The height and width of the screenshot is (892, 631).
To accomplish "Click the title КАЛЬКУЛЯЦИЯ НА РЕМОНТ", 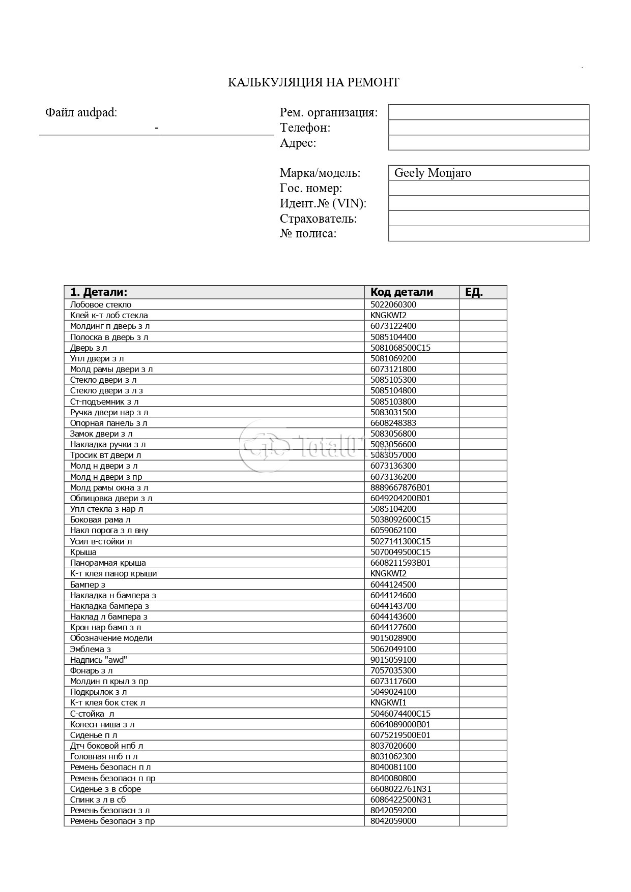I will tap(313, 82).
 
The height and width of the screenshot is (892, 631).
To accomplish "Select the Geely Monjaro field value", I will tap(433, 173).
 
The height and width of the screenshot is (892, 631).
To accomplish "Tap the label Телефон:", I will tap(305, 128).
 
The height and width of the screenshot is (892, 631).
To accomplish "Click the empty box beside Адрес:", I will tap(488, 143).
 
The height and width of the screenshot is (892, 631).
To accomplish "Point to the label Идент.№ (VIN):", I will tap(323, 203).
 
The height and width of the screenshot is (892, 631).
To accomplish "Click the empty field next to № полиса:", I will tap(488, 234).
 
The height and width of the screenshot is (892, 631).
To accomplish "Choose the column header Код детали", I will tap(401, 292).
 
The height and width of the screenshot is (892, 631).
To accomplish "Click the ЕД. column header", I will tap(474, 292).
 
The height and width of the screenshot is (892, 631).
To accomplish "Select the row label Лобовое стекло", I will tap(101, 305).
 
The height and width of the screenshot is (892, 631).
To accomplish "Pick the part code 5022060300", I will tap(393, 305).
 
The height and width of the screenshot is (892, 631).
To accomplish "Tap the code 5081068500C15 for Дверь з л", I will tap(400, 348).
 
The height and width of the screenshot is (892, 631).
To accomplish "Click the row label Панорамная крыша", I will tap(108, 563).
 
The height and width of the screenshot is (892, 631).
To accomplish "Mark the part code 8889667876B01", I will tap(400, 488).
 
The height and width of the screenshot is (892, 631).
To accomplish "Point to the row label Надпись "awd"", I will tap(98, 660).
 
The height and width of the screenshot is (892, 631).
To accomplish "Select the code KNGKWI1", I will tap(388, 703).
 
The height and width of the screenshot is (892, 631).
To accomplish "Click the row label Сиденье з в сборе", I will tap(105, 789).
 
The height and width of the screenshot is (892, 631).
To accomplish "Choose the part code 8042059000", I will tap(393, 821).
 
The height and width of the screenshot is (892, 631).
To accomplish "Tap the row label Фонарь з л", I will tap(91, 671).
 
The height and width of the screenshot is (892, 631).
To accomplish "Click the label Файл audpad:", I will tap(81, 113).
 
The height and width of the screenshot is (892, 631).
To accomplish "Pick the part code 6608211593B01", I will tap(400, 563).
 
